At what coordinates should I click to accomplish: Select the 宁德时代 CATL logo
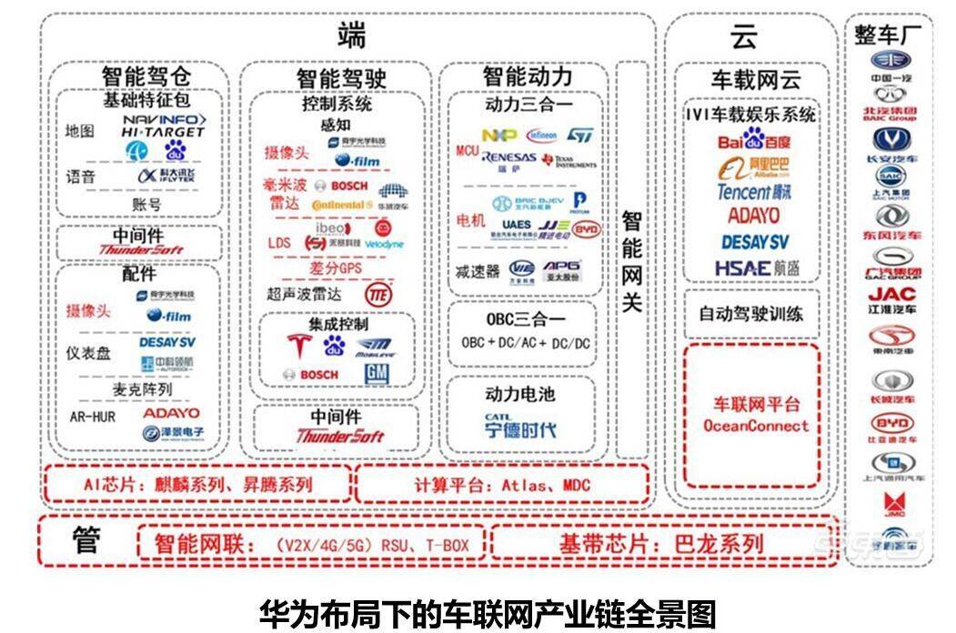tap(519, 425)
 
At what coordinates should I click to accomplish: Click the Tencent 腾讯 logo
tap(754, 192)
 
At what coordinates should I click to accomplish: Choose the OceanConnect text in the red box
tap(755, 426)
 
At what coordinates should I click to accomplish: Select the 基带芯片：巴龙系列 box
tap(661, 544)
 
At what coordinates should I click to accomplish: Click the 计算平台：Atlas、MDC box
tap(501, 485)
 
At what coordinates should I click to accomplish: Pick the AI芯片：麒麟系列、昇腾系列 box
tap(196, 485)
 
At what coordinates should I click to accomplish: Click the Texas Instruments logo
tap(569, 161)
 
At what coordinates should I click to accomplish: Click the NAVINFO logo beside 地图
tap(165, 119)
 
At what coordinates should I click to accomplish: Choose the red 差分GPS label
tap(335, 268)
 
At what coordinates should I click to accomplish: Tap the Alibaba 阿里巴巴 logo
tap(754, 167)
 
